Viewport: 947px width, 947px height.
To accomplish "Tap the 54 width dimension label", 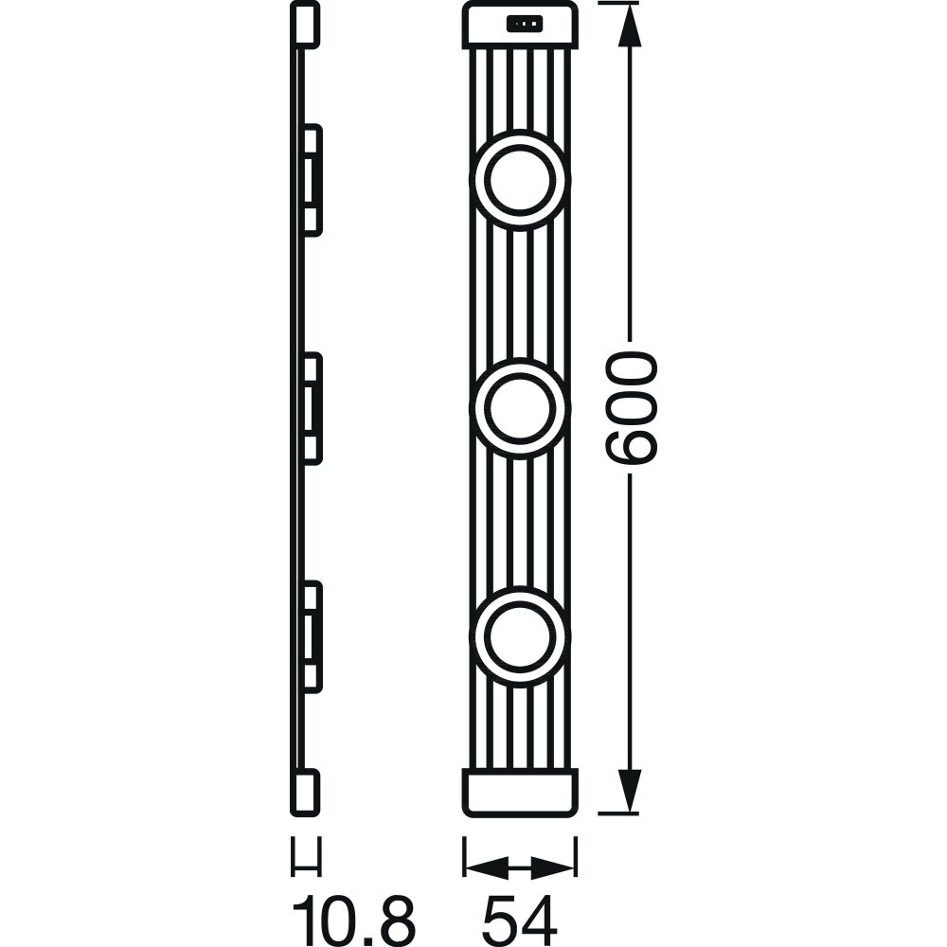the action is (x=520, y=915).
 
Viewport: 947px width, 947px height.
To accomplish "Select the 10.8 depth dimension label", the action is (x=354, y=915).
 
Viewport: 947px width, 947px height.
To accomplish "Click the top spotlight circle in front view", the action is (x=520, y=179).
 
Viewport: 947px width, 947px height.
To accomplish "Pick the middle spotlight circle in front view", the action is (x=520, y=409).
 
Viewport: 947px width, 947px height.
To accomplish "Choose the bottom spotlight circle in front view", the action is (x=520, y=637).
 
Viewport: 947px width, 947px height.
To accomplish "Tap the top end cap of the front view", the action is (x=520, y=26).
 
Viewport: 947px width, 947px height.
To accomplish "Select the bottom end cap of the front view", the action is (x=520, y=793).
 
